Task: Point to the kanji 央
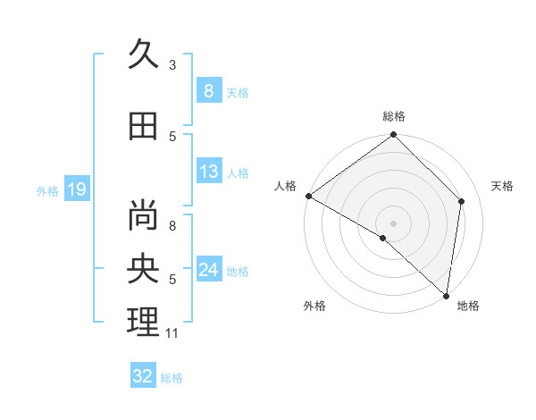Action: coord(143,268)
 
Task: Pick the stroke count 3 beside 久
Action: coord(172,64)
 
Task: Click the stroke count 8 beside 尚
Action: coord(172,225)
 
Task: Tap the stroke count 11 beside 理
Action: coord(172,333)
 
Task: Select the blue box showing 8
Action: coord(208,90)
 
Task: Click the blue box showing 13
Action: coord(208,172)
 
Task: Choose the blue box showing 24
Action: coord(208,270)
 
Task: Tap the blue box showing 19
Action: coord(76,189)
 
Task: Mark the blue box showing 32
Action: coord(142,376)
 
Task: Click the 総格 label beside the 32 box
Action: coord(172,378)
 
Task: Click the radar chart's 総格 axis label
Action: coord(394,116)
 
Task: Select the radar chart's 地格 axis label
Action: coord(468,306)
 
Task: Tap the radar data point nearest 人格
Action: coord(308,196)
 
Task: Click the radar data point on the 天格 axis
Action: coord(462,201)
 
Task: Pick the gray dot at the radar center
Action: coord(393,223)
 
